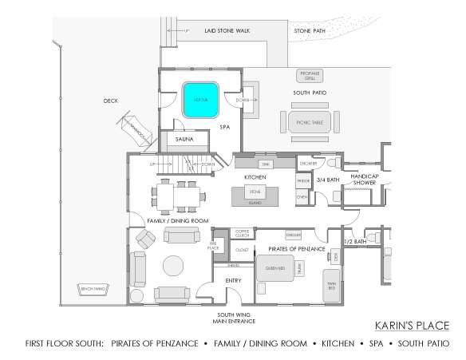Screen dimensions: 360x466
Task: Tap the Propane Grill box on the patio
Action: pyautogui.click(x=310, y=76)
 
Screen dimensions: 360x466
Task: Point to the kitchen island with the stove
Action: pyautogui.click(x=255, y=193)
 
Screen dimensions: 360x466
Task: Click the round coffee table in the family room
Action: pyautogui.click(x=173, y=265)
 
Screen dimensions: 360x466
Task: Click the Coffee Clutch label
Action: pyautogui.click(x=242, y=233)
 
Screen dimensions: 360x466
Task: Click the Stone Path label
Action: pyautogui.click(x=310, y=31)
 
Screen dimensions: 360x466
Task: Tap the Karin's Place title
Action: pyautogui.click(x=411, y=326)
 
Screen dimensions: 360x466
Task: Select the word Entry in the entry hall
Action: pyautogui.click(x=233, y=280)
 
